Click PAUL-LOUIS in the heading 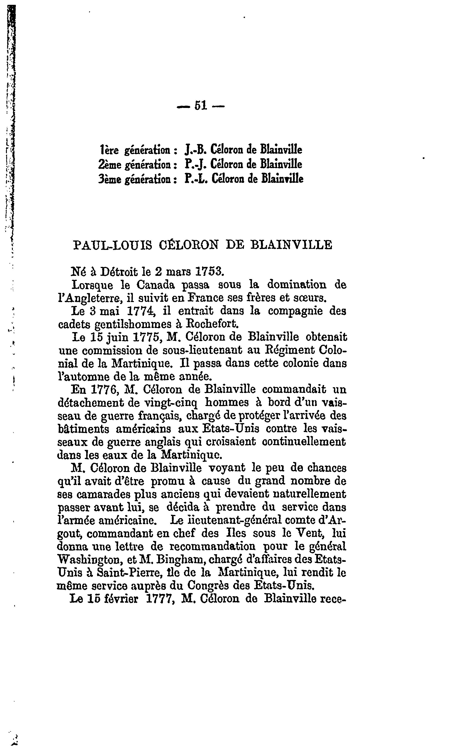point(113,245)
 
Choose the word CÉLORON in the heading point(188,245)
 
